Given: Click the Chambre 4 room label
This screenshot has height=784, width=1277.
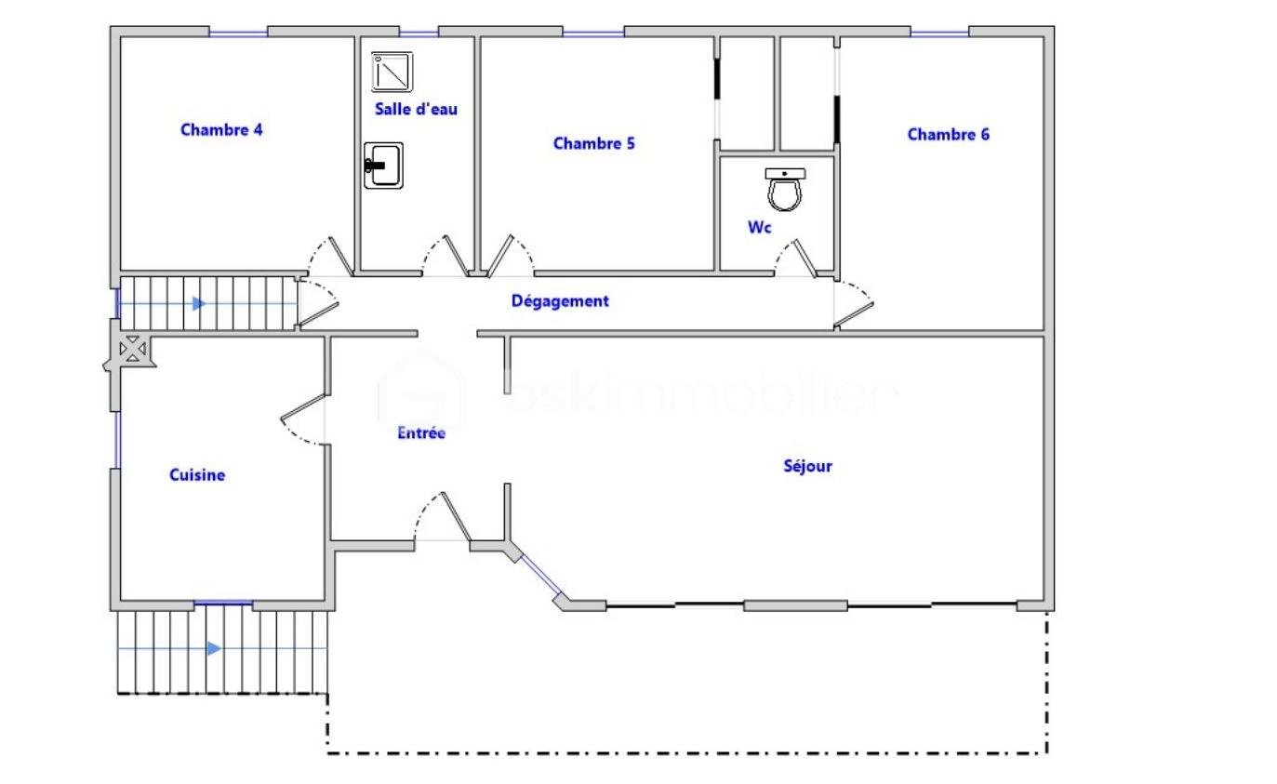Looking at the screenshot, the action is (x=221, y=130).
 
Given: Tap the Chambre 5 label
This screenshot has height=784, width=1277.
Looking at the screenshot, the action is (x=593, y=143).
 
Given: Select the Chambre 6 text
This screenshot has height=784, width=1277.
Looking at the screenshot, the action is (x=948, y=135).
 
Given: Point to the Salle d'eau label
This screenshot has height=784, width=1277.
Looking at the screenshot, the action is (x=416, y=109).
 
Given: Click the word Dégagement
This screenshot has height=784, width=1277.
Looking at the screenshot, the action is (x=560, y=301).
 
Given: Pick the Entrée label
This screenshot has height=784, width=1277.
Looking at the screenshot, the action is (x=421, y=432).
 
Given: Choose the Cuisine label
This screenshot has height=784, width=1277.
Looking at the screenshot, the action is (x=197, y=475).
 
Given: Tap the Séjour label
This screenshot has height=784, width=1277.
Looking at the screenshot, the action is (x=808, y=467).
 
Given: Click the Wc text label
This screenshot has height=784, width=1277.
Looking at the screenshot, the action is (x=759, y=228).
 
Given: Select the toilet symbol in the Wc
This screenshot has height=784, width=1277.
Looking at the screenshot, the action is (x=785, y=190).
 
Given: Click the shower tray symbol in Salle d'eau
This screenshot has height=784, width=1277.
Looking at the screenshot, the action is (x=392, y=72).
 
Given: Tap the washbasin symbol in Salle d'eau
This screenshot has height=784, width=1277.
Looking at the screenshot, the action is (x=384, y=166).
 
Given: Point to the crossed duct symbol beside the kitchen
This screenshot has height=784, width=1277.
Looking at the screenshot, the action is (x=133, y=349).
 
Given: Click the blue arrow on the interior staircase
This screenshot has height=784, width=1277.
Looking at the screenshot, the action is (x=199, y=303).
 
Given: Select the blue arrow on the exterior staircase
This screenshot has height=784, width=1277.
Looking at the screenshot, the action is (x=214, y=648).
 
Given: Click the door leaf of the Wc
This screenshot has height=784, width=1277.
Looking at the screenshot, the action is (x=805, y=259).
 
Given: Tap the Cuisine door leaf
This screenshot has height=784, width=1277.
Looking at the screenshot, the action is (x=303, y=407).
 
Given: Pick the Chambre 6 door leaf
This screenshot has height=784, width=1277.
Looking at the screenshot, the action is (x=854, y=314).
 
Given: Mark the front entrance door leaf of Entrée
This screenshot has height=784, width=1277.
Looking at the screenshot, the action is (x=456, y=516).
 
